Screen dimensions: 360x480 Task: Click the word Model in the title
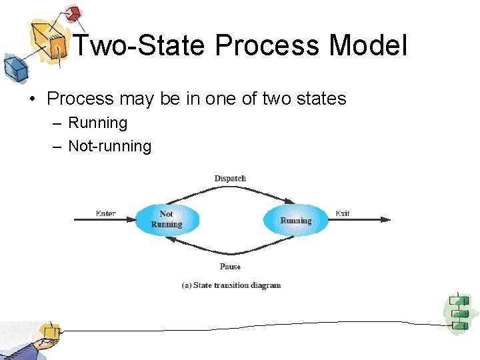tap(367, 46)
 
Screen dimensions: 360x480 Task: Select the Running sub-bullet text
tap(97, 123)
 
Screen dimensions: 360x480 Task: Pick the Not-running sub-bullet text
tap(110, 146)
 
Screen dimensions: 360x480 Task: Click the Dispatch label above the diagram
tap(230, 178)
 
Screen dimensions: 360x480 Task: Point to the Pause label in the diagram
tap(230, 267)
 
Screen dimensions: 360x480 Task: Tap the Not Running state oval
tap(167, 219)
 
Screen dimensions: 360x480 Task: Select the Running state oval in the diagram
tap(295, 220)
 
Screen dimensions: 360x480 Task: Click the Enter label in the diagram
tap(105, 213)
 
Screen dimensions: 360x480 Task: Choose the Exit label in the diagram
tap(343, 213)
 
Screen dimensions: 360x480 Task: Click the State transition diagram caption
tap(231, 285)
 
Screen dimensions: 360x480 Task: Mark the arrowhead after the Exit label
tap(386, 219)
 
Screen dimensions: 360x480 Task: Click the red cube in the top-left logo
tap(73, 13)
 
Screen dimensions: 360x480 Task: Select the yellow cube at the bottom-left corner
tap(49, 331)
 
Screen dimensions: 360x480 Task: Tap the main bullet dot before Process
tap(31, 99)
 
